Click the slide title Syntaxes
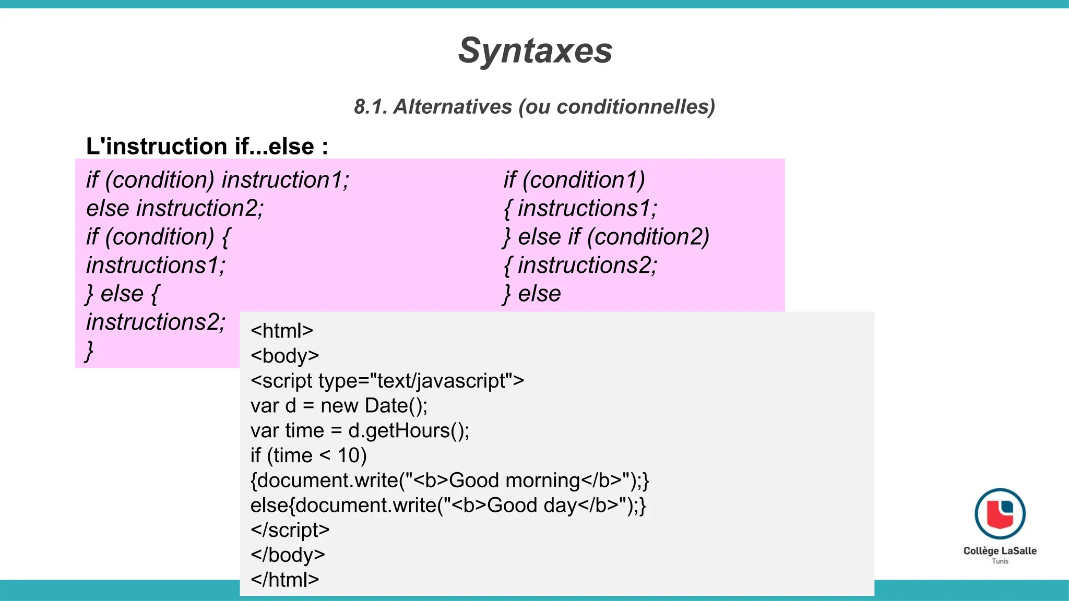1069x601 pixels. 535,51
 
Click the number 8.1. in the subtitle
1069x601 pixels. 371,107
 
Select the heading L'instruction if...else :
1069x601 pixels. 207,147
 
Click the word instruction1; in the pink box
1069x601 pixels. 286,180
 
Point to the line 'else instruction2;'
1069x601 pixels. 175,209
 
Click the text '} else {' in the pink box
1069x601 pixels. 123,294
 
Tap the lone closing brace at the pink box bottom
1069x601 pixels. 90,351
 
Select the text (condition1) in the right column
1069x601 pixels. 584,180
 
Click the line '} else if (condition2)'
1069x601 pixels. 605,237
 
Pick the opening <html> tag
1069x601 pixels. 282,331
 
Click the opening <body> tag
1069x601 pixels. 284,356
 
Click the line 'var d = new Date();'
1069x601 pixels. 339,406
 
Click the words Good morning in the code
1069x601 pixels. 514,480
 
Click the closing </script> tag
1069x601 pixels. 290,530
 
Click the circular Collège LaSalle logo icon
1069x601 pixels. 1000,514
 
